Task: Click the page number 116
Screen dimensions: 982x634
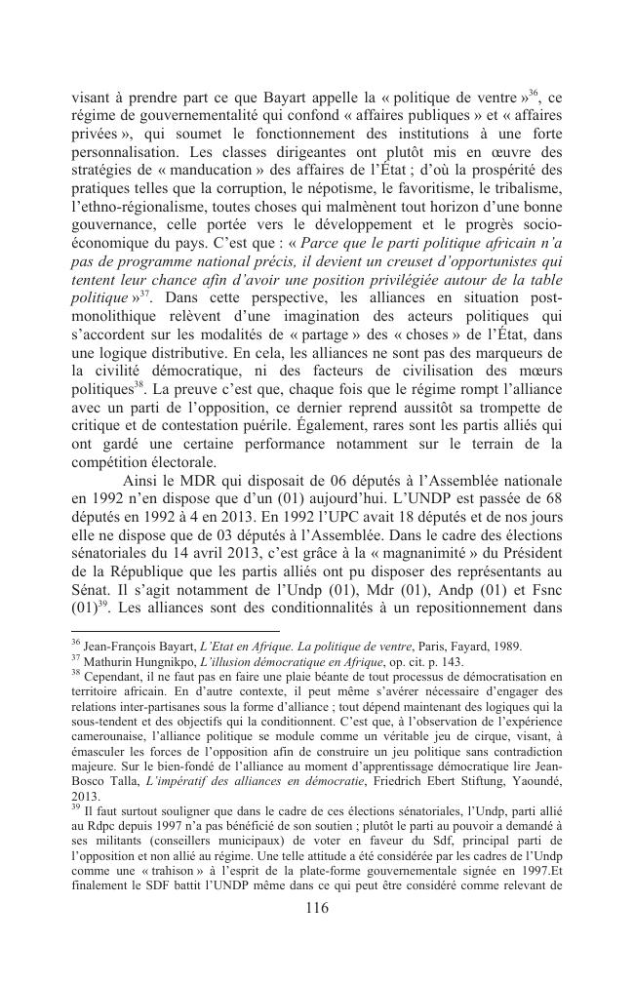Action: tap(316, 907)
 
